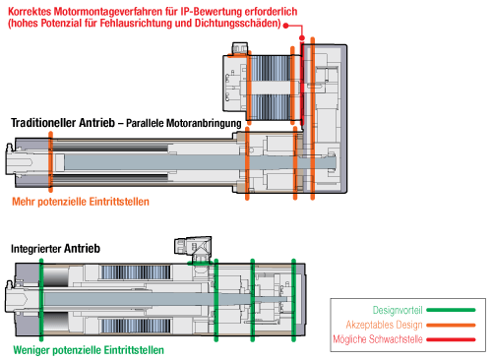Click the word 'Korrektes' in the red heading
[30, 12]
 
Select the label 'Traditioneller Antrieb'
[63, 123]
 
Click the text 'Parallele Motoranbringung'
[184, 123]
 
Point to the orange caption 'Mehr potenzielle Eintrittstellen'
[81, 202]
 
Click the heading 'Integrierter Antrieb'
[55, 249]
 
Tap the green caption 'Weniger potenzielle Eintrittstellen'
[89, 350]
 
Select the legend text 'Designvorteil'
[398, 310]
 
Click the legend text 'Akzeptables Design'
[384, 325]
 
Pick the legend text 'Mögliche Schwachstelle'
[378, 339]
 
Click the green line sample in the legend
[451, 310]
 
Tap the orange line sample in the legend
[451, 326]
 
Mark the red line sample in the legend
[451, 339]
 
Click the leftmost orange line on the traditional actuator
[50, 161]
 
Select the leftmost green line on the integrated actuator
[41, 300]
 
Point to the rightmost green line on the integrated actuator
[293, 300]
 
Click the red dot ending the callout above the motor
[302, 38]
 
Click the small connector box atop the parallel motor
[240, 48]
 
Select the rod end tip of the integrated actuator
[7, 299]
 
